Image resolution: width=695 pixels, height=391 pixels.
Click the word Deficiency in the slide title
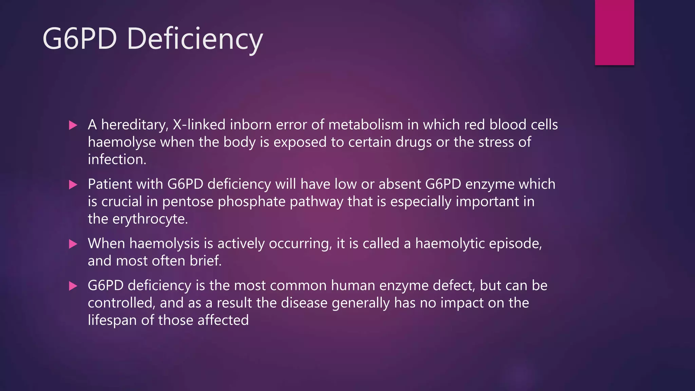click(195, 39)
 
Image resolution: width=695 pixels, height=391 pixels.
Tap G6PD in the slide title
click(80, 39)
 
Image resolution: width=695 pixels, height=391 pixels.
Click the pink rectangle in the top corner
click(614, 32)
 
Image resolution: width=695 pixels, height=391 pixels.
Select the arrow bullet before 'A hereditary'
click(73, 125)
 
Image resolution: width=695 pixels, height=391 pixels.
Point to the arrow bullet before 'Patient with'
click(73, 185)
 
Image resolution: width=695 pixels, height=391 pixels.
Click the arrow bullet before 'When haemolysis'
click(73, 244)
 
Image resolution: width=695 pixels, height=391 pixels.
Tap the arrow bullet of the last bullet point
click(73, 286)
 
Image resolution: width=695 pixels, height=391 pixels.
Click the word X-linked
click(199, 125)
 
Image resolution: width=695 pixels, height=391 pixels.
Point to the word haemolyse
click(122, 142)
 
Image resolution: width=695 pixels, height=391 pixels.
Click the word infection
click(117, 160)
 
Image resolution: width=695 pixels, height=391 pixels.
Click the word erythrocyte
click(150, 219)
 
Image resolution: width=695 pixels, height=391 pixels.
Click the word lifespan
click(112, 320)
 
